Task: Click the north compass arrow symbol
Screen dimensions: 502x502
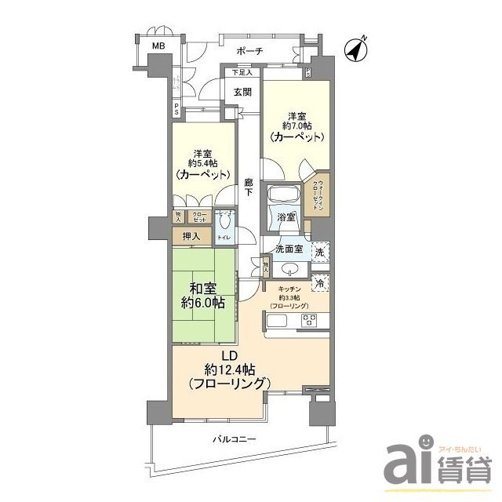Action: click(358, 49)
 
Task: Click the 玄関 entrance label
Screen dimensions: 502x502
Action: click(242, 92)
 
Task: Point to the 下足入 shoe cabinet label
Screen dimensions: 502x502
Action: click(242, 73)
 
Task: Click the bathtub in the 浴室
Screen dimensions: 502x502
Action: click(280, 196)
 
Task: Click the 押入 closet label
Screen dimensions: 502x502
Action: click(191, 236)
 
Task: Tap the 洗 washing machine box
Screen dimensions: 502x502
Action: click(320, 253)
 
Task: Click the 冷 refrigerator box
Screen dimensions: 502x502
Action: click(320, 282)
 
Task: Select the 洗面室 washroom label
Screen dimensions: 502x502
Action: click(289, 249)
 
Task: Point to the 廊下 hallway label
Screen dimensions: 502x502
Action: click(247, 187)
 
